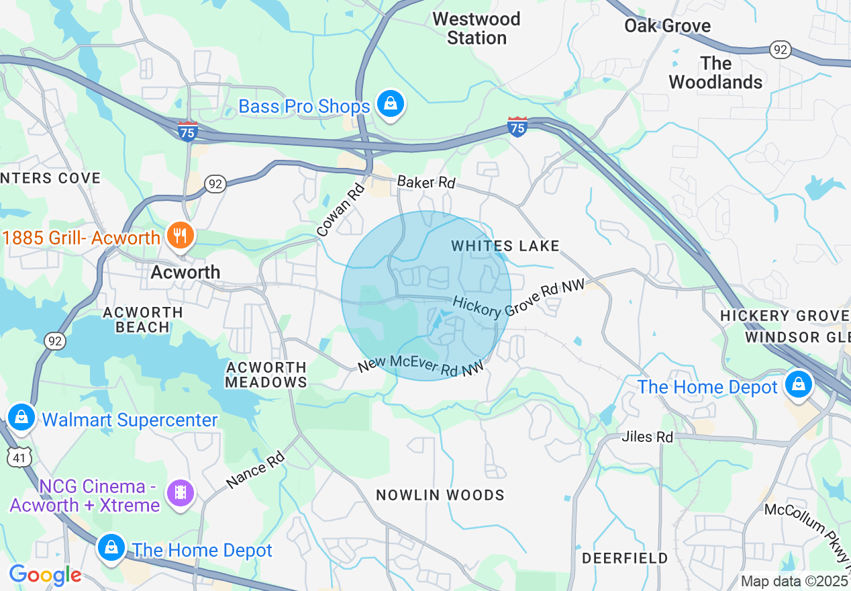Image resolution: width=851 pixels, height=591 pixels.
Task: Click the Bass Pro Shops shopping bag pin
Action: tap(389, 104)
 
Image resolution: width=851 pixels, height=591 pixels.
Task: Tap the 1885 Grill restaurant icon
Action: tap(180, 236)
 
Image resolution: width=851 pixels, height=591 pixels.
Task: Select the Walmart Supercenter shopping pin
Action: tap(21, 417)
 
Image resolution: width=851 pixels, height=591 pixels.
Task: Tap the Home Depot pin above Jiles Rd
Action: tap(799, 384)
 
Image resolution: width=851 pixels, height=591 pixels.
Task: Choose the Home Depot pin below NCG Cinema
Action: tap(111, 548)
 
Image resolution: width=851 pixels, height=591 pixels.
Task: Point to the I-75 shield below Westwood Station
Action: tap(517, 126)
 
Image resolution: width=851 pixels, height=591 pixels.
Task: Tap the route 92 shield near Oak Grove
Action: tap(781, 50)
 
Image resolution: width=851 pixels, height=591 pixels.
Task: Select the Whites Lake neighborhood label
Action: tap(505, 246)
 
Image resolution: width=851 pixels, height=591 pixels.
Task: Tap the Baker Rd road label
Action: tap(426, 182)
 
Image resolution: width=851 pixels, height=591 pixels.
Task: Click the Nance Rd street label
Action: tap(256, 470)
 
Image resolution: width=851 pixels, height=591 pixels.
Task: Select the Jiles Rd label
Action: tap(647, 437)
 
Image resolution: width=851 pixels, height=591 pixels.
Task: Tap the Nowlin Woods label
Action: tap(440, 495)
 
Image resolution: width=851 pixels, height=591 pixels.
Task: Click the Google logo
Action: tap(45, 575)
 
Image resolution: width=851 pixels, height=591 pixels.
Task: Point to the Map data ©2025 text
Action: tap(795, 581)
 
